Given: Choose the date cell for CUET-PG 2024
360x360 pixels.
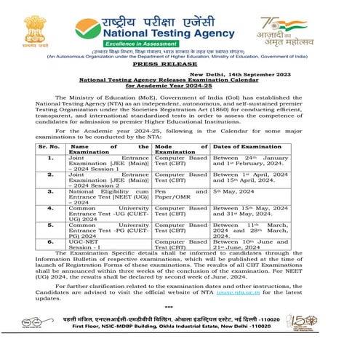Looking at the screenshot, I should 247,229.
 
